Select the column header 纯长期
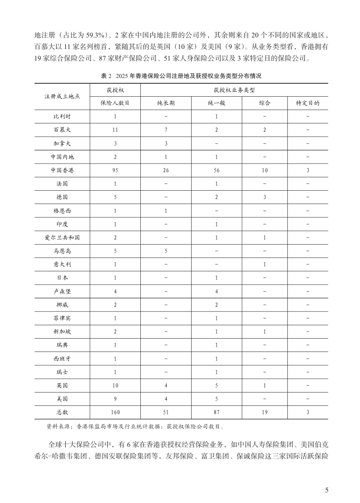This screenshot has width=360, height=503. point(166,103)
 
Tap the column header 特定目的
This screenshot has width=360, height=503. point(308,103)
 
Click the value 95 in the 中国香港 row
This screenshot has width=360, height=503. point(115,170)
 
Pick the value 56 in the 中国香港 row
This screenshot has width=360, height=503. point(216,170)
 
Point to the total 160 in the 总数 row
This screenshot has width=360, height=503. point(115,412)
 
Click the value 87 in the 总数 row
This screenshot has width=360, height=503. point(216,412)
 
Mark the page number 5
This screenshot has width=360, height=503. point(327,491)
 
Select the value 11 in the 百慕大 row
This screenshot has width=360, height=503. point(115,130)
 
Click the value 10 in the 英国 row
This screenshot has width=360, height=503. point(115,385)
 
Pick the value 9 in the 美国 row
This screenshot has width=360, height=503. point(115,399)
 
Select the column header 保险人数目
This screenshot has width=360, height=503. point(115,103)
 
